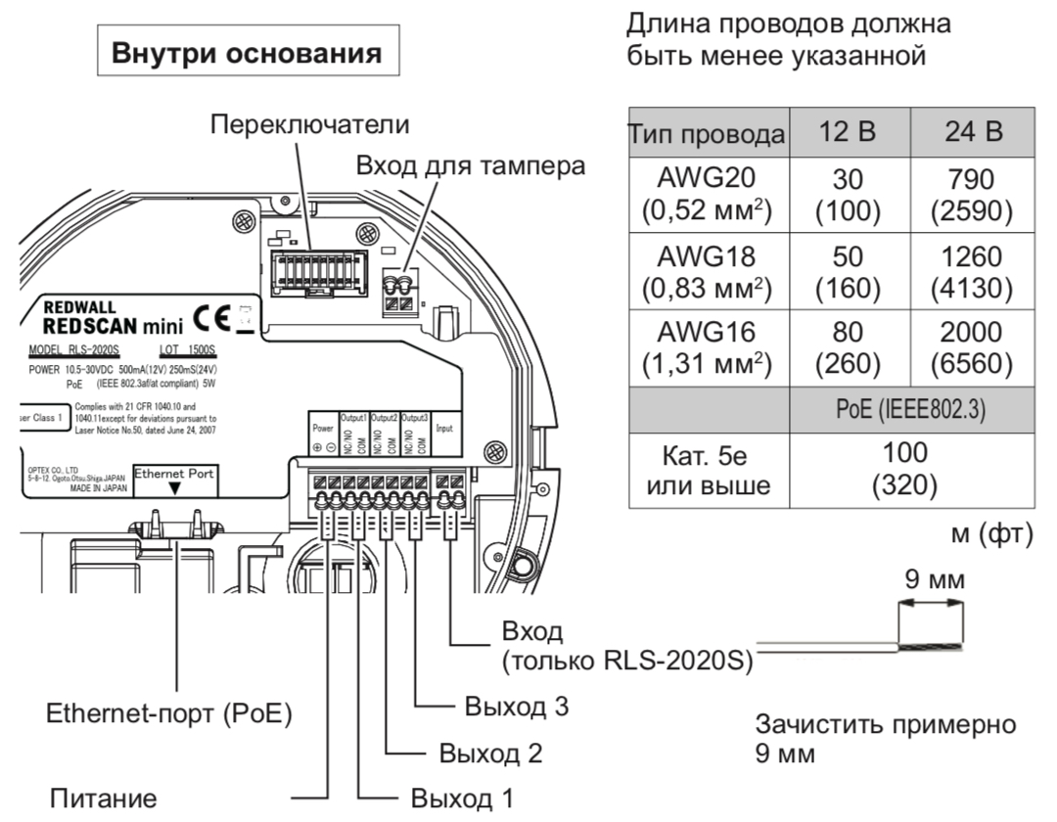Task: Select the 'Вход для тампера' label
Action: tap(470, 166)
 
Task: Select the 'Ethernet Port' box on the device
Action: tap(176, 478)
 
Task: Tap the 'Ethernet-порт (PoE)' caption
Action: tap(169, 714)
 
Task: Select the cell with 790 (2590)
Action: tap(973, 195)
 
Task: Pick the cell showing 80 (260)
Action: tap(848, 347)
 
